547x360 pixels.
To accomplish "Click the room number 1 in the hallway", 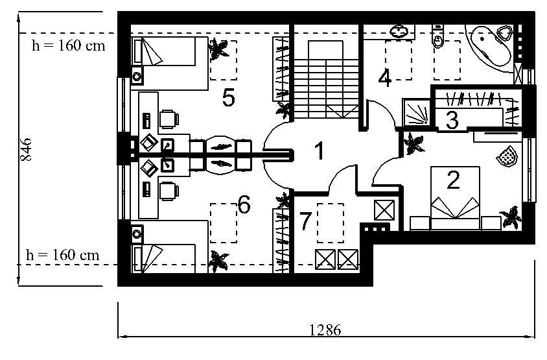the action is pyautogui.click(x=320, y=151).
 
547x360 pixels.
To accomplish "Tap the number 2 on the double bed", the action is pyautogui.click(x=453, y=180).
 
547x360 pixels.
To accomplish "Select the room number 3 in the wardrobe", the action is pyautogui.click(x=452, y=120).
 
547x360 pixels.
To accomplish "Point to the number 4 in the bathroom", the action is pyautogui.click(x=385, y=78).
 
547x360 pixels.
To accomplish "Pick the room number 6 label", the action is pyautogui.click(x=244, y=204).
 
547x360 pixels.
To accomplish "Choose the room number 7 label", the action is pyautogui.click(x=305, y=221).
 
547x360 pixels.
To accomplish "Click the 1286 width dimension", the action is pyautogui.click(x=325, y=330).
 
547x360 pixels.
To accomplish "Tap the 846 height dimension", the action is pyautogui.click(x=26, y=149).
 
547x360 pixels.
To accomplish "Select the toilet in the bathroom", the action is pyautogui.click(x=437, y=36).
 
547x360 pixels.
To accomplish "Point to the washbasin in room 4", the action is pyautogui.click(x=399, y=31).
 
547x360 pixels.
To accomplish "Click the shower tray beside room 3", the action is pyautogui.click(x=416, y=113).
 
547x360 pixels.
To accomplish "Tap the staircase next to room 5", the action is pyautogui.click(x=326, y=80).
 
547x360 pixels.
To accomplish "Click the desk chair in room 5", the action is pyautogui.click(x=169, y=119).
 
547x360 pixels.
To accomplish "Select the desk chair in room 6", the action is pyautogui.click(x=169, y=191).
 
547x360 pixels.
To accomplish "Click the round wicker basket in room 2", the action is pyautogui.click(x=507, y=156).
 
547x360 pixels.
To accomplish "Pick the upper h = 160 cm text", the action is pyautogui.click(x=69, y=45).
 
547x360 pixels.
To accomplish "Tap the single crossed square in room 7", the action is pyautogui.click(x=384, y=210).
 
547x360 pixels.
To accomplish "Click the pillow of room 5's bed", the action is pyautogui.click(x=138, y=51).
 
